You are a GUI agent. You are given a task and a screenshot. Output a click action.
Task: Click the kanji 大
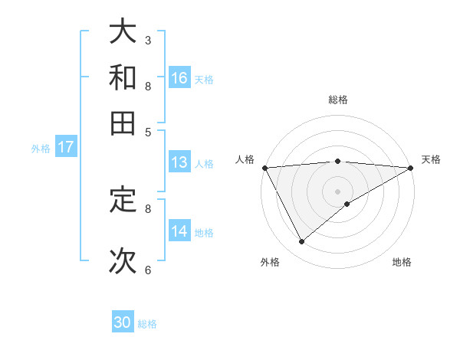pos(123,31)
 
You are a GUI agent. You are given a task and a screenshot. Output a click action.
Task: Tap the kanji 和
pos(123,77)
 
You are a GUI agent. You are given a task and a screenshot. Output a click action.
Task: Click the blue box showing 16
pos(179,77)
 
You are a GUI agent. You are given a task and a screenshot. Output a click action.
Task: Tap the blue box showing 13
pos(179,162)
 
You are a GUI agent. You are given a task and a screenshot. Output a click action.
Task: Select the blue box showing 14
pos(179,231)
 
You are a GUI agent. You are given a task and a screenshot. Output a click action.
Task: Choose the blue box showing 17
pos(66,147)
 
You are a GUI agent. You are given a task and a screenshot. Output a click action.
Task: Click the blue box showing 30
pos(123,322)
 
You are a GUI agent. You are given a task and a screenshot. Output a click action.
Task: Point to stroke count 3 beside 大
pos(148,39)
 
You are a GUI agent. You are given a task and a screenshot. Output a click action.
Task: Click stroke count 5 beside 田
pos(148,131)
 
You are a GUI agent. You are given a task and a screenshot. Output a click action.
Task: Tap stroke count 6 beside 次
pos(148,270)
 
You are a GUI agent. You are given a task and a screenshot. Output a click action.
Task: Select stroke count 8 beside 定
pos(148,208)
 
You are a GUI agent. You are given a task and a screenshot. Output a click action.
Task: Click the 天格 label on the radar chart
pos(431,159)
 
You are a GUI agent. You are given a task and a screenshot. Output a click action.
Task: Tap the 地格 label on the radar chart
pos(402,263)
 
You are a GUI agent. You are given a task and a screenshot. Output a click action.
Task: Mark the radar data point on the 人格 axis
pos(264,167)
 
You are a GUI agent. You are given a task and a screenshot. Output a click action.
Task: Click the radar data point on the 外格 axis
pos(301,242)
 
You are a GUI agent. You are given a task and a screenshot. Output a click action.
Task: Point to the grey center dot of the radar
pos(337,190)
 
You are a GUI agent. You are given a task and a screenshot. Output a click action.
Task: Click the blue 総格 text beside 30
pos(147,324)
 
